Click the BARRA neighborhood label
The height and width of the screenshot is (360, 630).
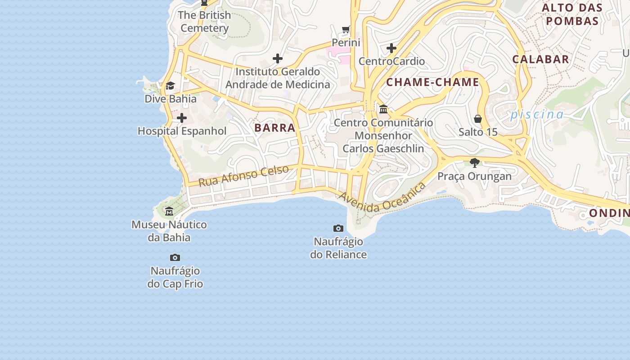(x=274, y=128)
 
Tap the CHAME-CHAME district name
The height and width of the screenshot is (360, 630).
(x=432, y=82)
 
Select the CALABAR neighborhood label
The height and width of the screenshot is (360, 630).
(x=540, y=59)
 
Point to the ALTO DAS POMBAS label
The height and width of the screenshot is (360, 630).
(x=572, y=14)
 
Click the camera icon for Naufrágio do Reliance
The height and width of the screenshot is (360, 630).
(x=338, y=229)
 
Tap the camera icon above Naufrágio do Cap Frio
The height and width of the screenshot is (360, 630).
(x=175, y=258)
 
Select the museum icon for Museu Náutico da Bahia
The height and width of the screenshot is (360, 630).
(x=169, y=211)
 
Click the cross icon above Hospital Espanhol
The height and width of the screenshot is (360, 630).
(x=182, y=118)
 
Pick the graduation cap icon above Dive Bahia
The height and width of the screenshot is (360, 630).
(x=170, y=86)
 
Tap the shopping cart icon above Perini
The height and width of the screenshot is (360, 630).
(x=346, y=30)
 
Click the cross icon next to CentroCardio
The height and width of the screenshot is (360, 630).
(x=391, y=48)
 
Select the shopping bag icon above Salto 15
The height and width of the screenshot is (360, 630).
(x=478, y=119)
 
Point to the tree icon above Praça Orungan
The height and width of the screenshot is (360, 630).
(x=474, y=163)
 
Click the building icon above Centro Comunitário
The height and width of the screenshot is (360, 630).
(x=383, y=109)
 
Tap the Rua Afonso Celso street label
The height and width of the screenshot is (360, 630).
(x=243, y=176)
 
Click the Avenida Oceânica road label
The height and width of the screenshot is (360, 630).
(x=382, y=198)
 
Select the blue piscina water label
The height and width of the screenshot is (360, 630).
(x=536, y=115)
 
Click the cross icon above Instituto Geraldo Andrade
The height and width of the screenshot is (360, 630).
(x=278, y=58)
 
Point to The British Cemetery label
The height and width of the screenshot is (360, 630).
(x=205, y=22)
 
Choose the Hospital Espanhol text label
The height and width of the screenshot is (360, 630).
(x=182, y=131)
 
